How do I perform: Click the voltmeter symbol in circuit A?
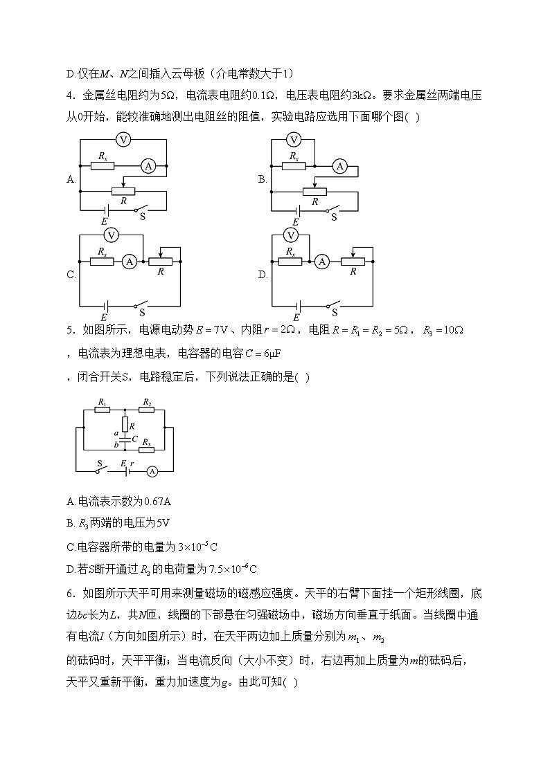(123, 140)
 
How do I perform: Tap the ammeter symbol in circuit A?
(147, 166)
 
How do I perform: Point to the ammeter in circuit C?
(128, 262)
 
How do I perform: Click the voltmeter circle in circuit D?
(292, 235)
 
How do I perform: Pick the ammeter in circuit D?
(321, 262)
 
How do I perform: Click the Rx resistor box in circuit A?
(103, 166)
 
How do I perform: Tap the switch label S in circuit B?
(333, 217)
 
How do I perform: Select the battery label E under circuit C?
(104, 317)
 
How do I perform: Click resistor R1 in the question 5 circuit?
(102, 410)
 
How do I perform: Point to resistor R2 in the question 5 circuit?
(147, 410)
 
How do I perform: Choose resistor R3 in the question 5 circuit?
(147, 448)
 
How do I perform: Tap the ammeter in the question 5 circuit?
(153, 470)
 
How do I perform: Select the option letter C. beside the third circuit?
(71, 275)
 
